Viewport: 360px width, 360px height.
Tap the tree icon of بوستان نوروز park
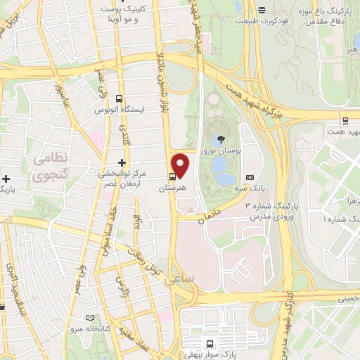pos(222,139)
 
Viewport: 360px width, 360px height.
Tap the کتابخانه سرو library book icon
pos(89,318)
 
